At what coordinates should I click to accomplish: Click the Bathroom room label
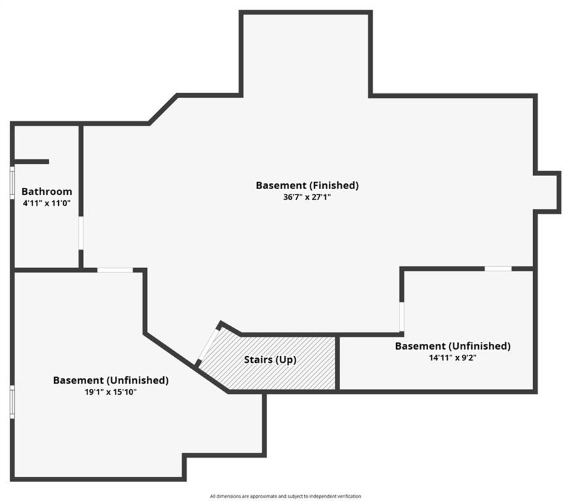click(x=46, y=192)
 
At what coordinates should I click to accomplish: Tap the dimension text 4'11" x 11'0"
click(x=46, y=203)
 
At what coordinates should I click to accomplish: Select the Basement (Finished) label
click(x=307, y=185)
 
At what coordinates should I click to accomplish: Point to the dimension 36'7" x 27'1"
click(x=307, y=197)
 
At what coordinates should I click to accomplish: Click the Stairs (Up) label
click(x=270, y=359)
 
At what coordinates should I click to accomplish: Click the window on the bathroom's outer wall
click(x=12, y=182)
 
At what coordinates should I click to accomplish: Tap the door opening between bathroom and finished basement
click(x=81, y=233)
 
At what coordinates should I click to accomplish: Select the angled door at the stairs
click(x=208, y=344)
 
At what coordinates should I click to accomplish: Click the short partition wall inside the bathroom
click(x=31, y=162)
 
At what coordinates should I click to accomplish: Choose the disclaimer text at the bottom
click(x=285, y=496)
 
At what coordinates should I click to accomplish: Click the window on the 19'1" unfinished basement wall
click(x=12, y=401)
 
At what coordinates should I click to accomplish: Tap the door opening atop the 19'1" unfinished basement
click(x=115, y=269)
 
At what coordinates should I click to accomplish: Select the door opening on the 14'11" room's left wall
click(x=402, y=316)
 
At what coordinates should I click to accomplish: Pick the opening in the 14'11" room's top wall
click(x=498, y=268)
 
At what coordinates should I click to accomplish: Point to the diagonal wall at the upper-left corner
click(x=163, y=109)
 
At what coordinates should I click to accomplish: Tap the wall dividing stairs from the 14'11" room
click(x=337, y=363)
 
